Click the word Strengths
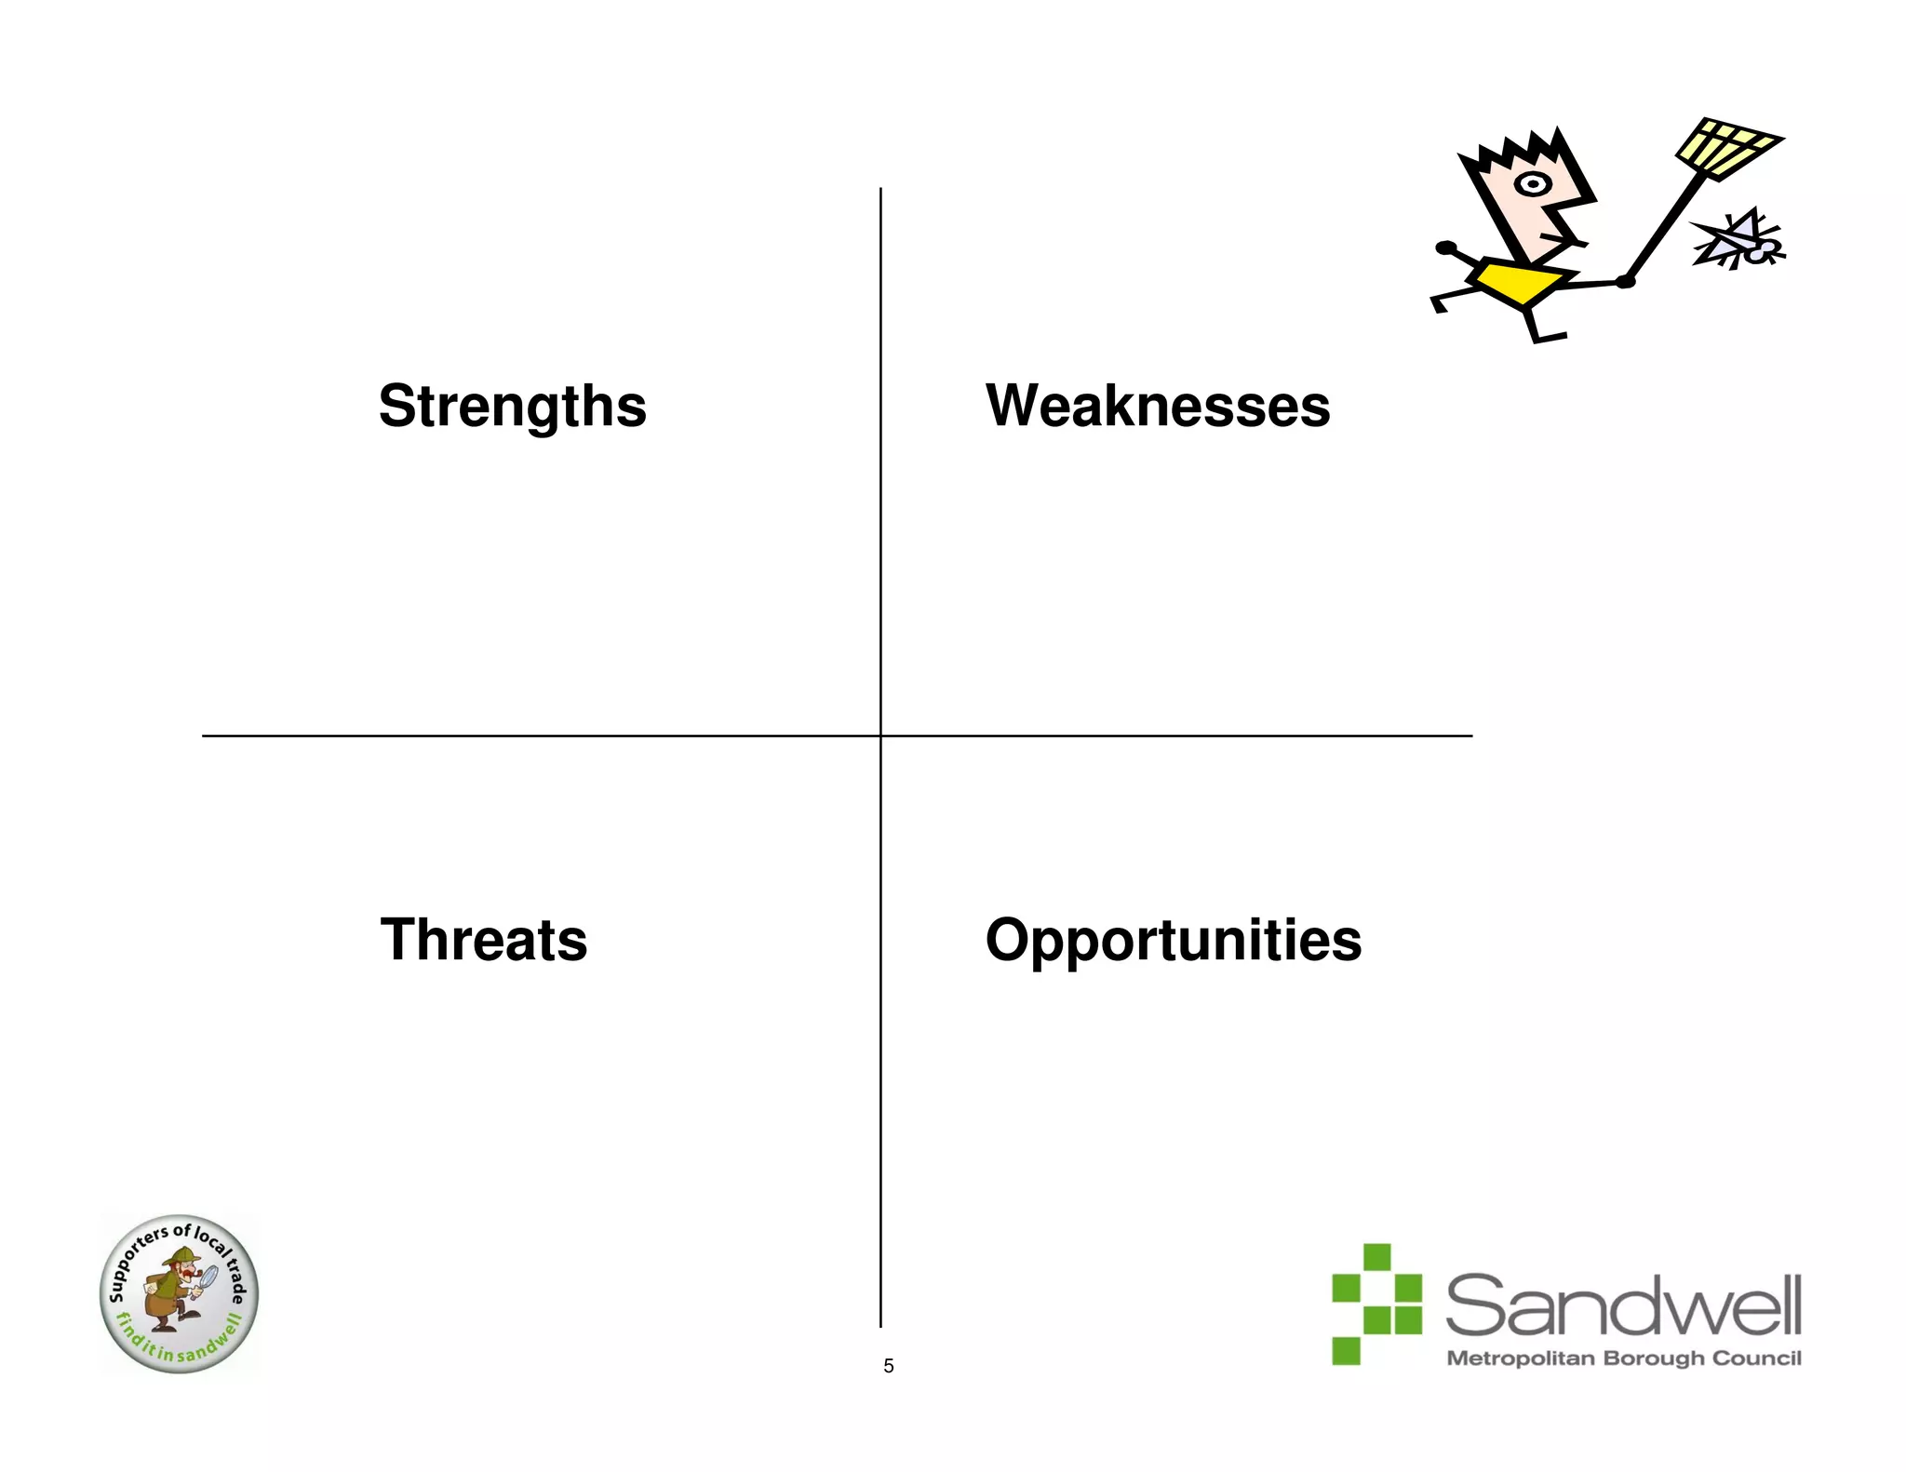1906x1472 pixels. click(512, 407)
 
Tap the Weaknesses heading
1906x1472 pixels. click(1157, 407)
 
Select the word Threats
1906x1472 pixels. click(483, 940)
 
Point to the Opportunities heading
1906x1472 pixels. click(1173, 940)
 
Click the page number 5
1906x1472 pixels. click(888, 1366)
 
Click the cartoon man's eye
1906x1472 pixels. click(1532, 184)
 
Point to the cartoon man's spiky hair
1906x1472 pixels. click(1522, 154)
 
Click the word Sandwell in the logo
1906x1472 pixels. click(1623, 1306)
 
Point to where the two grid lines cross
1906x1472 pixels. click(880, 736)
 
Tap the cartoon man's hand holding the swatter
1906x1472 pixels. click(1625, 281)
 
